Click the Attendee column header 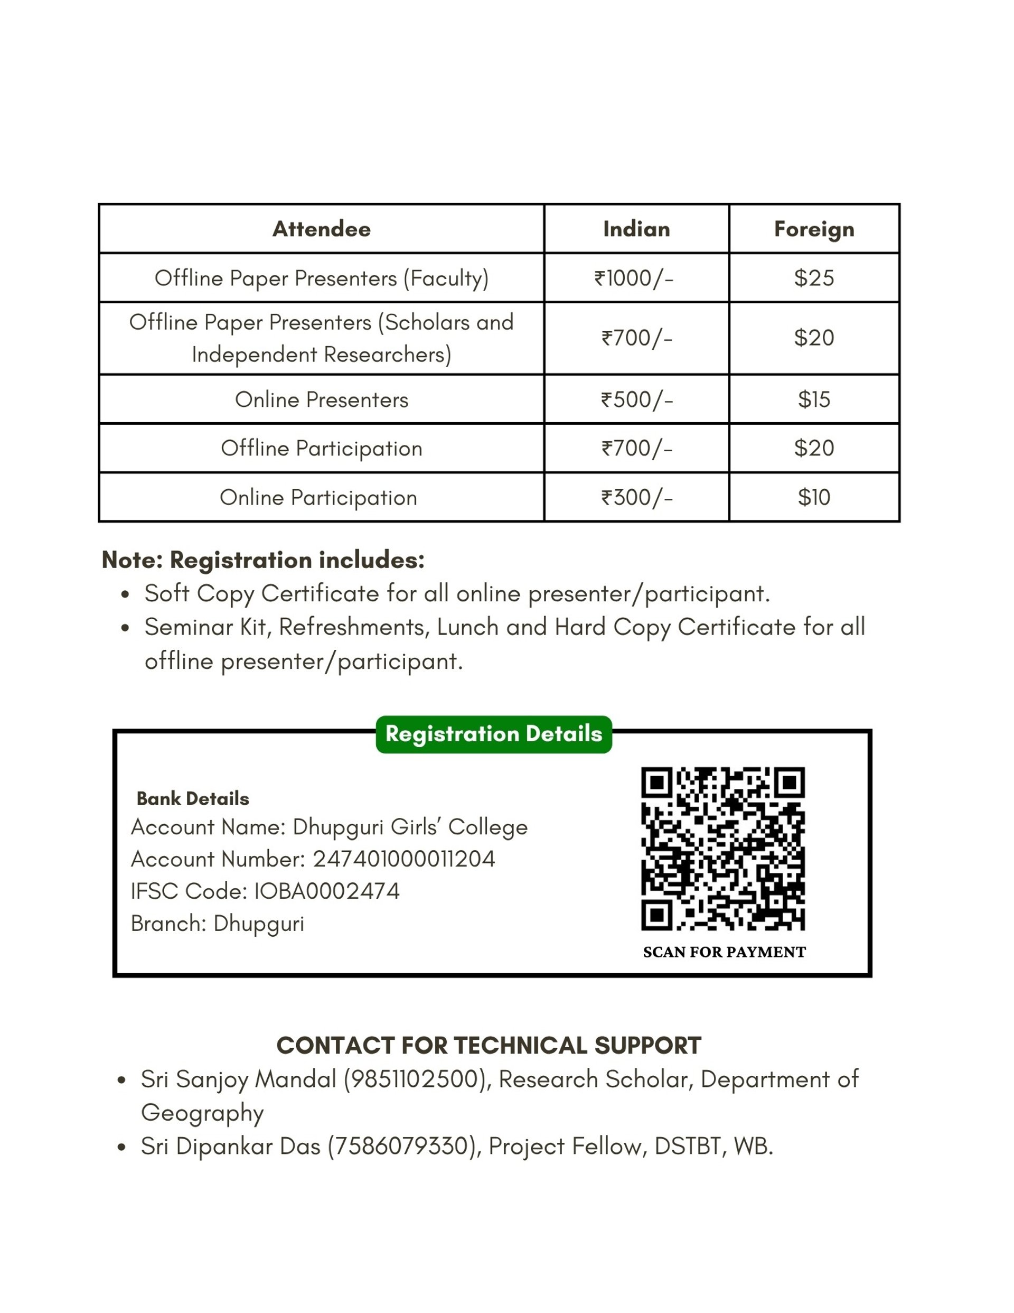click(321, 229)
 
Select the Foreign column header click(813, 229)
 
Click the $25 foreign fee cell click(813, 278)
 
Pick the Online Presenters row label click(321, 400)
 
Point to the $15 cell click(813, 400)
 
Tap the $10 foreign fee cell click(813, 498)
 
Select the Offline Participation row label click(321, 449)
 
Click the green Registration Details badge click(493, 734)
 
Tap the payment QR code click(722, 848)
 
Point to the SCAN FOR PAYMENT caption click(724, 952)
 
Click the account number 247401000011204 click(404, 859)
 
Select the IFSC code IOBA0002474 click(327, 891)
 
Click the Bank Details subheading click(192, 798)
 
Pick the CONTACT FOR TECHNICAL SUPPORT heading click(488, 1046)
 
